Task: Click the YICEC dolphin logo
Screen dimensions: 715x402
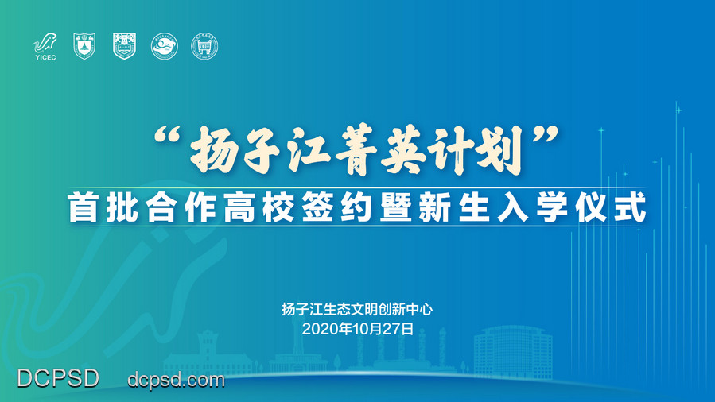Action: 45,46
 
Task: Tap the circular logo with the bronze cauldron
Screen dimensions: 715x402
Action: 204,46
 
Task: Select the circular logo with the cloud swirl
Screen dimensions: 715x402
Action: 165,46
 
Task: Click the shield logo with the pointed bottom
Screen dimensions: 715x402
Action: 84,46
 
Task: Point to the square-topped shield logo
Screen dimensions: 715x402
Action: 125,46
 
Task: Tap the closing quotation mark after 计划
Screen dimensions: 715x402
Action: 546,136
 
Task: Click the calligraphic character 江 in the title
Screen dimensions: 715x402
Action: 305,150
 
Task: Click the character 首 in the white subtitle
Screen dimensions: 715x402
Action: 83,207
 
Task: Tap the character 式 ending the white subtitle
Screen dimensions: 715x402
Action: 631,207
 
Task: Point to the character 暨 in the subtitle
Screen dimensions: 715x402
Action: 396,207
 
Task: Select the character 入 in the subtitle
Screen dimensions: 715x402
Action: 513,207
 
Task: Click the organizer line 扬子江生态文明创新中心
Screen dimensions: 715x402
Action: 357,310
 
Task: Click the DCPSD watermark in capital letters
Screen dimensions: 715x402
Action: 58,378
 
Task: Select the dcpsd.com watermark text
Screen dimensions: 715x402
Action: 176,379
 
